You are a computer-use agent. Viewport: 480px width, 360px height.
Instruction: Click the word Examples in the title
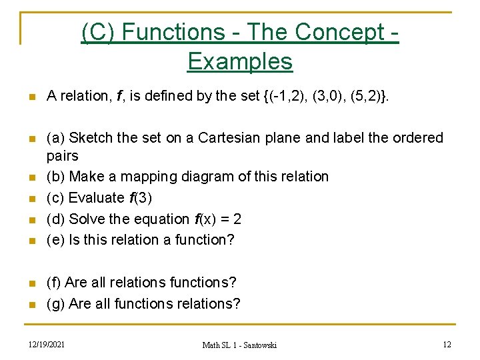click(x=240, y=61)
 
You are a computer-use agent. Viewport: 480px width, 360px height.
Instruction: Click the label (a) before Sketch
click(x=55, y=138)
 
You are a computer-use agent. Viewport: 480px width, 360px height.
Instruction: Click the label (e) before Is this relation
click(x=55, y=240)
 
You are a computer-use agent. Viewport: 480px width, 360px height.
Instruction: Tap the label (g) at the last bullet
click(x=55, y=304)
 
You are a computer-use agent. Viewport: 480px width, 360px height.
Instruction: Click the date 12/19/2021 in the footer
click(x=46, y=344)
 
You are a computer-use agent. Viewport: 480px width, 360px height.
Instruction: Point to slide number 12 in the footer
click(x=447, y=344)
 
